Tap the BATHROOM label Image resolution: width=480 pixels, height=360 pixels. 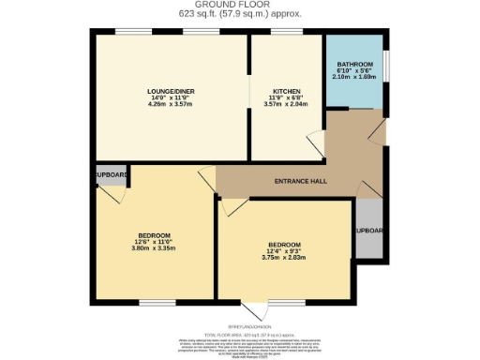pyautogui.click(x=353, y=64)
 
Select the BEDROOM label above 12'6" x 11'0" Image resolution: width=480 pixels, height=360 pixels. pyautogui.click(x=154, y=234)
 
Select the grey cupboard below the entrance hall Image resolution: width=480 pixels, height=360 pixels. pyautogui.click(x=370, y=230)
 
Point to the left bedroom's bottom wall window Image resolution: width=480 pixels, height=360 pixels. pyautogui.click(x=153, y=302)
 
